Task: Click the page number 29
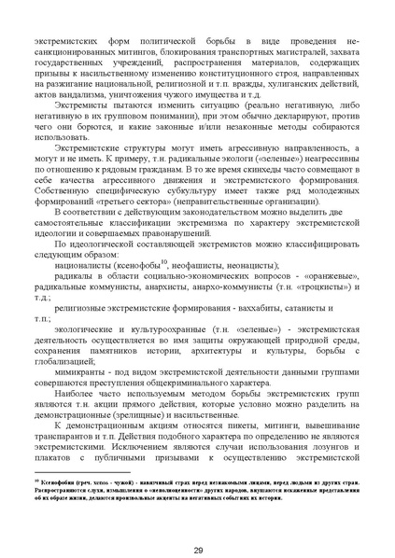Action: click(198, 523)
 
